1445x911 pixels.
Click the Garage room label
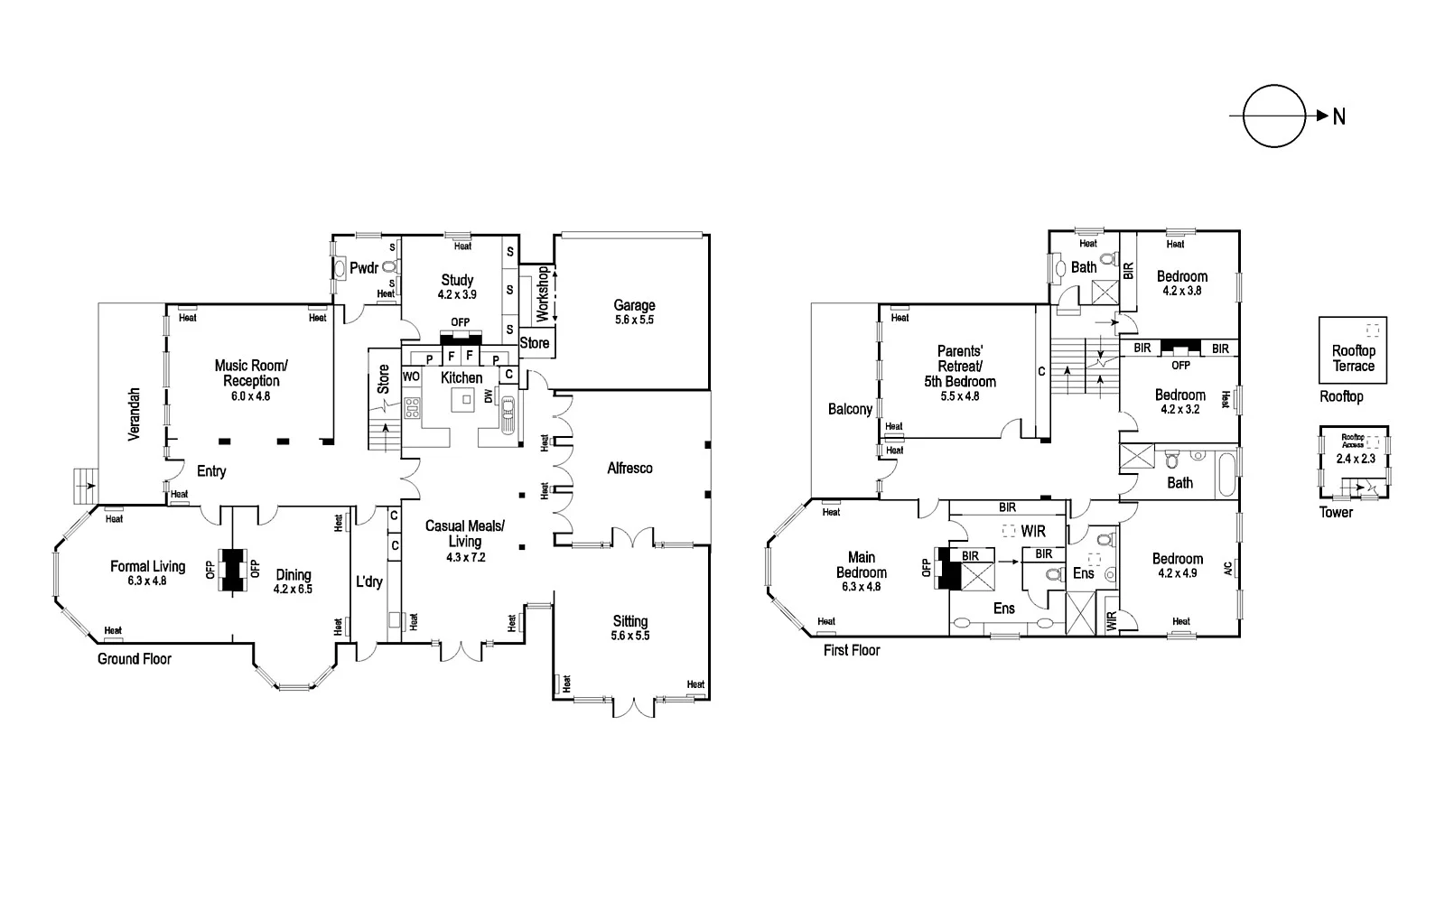tap(634, 305)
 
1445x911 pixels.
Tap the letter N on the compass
tap(1339, 116)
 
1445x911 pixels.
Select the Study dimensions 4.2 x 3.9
tap(457, 294)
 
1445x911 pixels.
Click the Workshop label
tap(543, 293)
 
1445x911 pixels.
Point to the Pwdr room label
tap(363, 268)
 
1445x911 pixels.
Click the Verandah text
tap(134, 414)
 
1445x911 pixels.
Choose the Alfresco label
tap(629, 468)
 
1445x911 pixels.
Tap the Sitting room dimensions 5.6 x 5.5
tap(630, 636)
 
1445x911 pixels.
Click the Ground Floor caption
tap(135, 659)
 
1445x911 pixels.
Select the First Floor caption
tap(852, 650)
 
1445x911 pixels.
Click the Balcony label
tap(850, 409)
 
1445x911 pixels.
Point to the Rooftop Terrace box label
tap(1353, 358)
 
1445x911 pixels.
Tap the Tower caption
tap(1337, 512)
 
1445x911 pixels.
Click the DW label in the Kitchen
tap(489, 396)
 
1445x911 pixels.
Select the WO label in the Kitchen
tap(411, 376)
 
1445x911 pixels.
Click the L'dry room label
tap(368, 582)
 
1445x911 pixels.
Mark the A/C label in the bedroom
tap(1227, 568)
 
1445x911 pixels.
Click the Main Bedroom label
tap(861, 565)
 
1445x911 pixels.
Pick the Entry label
tap(211, 471)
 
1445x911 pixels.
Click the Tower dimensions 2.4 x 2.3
tap(1355, 460)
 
